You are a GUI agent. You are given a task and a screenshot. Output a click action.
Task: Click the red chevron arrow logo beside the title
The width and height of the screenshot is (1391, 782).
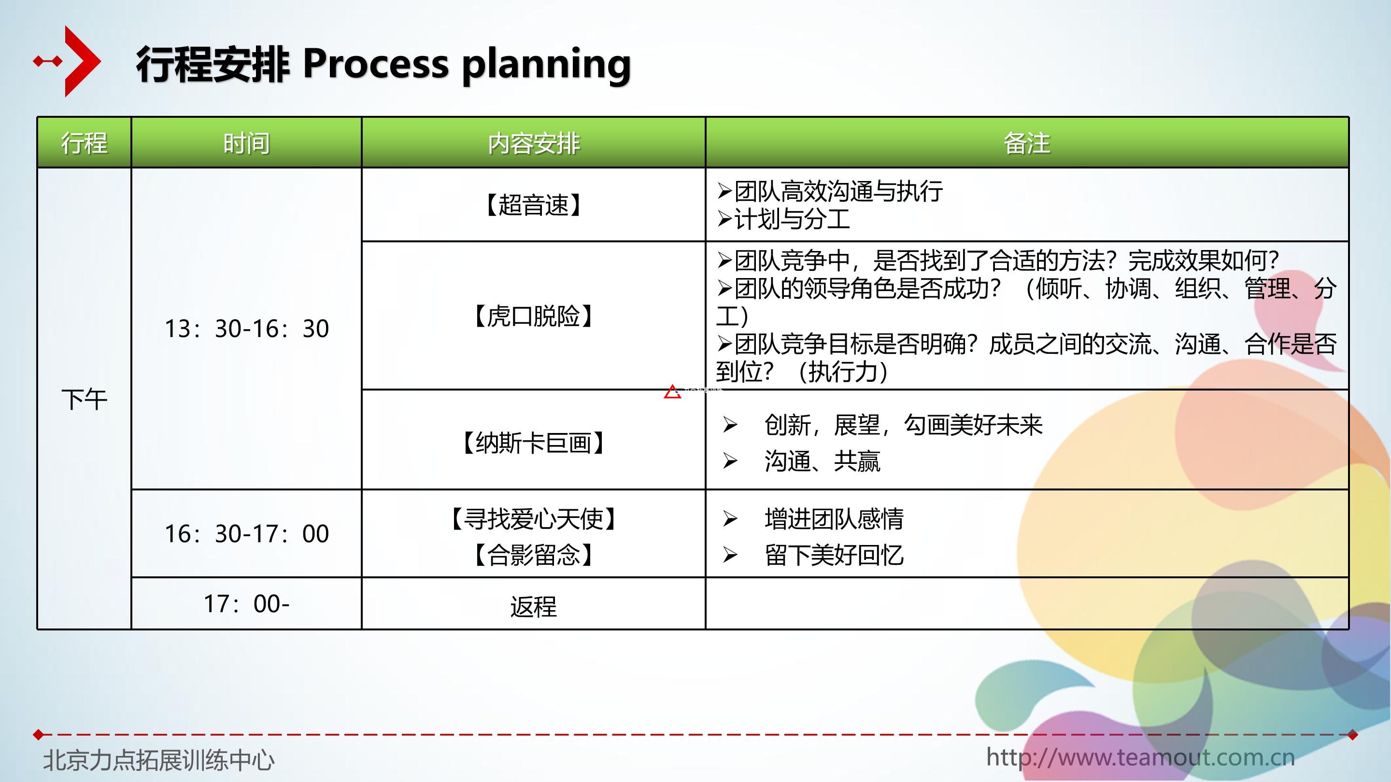coord(81,61)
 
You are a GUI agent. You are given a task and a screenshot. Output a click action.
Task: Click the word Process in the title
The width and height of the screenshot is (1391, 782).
coord(375,64)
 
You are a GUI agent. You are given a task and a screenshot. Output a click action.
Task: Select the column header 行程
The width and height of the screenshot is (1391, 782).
coord(84,143)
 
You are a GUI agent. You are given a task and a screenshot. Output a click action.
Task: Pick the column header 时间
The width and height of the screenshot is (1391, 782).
coord(246,143)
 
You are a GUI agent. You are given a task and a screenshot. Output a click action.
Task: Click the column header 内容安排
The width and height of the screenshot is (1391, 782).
coord(534,143)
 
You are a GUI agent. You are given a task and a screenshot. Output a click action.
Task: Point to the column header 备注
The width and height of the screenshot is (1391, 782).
coord(1026,143)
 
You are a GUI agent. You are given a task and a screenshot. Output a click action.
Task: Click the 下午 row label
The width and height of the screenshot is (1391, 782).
coord(84,399)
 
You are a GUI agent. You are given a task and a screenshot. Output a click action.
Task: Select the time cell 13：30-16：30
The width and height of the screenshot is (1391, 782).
coord(247,328)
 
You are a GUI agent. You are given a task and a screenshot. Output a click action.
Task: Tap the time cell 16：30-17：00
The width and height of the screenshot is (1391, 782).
coord(247,533)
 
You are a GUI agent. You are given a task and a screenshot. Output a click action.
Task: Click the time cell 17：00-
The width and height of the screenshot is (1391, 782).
coord(246,603)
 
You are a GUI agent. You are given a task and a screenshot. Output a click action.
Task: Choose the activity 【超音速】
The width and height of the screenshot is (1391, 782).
coord(534,205)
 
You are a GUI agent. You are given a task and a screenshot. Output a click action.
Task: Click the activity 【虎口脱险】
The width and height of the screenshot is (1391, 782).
coord(534,316)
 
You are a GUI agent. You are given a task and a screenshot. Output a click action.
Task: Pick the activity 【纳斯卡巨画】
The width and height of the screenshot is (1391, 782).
coord(534,443)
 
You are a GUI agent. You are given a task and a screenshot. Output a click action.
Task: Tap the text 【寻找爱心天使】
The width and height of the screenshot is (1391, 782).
coord(534,518)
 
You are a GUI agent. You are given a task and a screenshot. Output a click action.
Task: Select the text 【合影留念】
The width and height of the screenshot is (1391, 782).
coord(534,554)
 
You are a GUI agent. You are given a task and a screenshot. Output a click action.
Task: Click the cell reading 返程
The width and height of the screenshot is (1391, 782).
coord(534,606)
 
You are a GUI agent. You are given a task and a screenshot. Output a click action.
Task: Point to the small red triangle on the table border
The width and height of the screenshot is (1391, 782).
coord(672,392)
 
